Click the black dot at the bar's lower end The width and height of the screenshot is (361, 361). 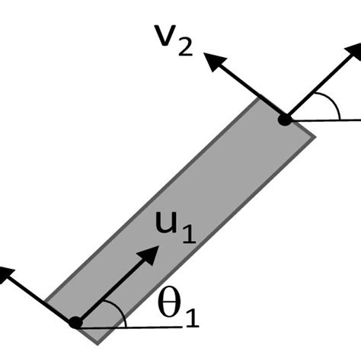pos(75,322)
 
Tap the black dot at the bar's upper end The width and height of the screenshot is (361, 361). pos(283,120)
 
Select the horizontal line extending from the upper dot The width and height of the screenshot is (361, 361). pos(327,120)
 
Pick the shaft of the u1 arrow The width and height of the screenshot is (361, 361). pos(114,287)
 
